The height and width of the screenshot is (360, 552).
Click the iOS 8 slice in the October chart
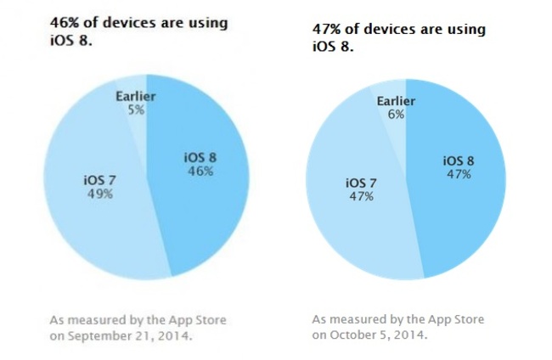pos(463,212)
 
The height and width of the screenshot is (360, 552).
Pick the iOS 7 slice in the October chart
pos(357,229)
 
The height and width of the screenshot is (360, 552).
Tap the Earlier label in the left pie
pos(134,95)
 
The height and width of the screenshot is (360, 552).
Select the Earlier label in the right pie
pos(396,102)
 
